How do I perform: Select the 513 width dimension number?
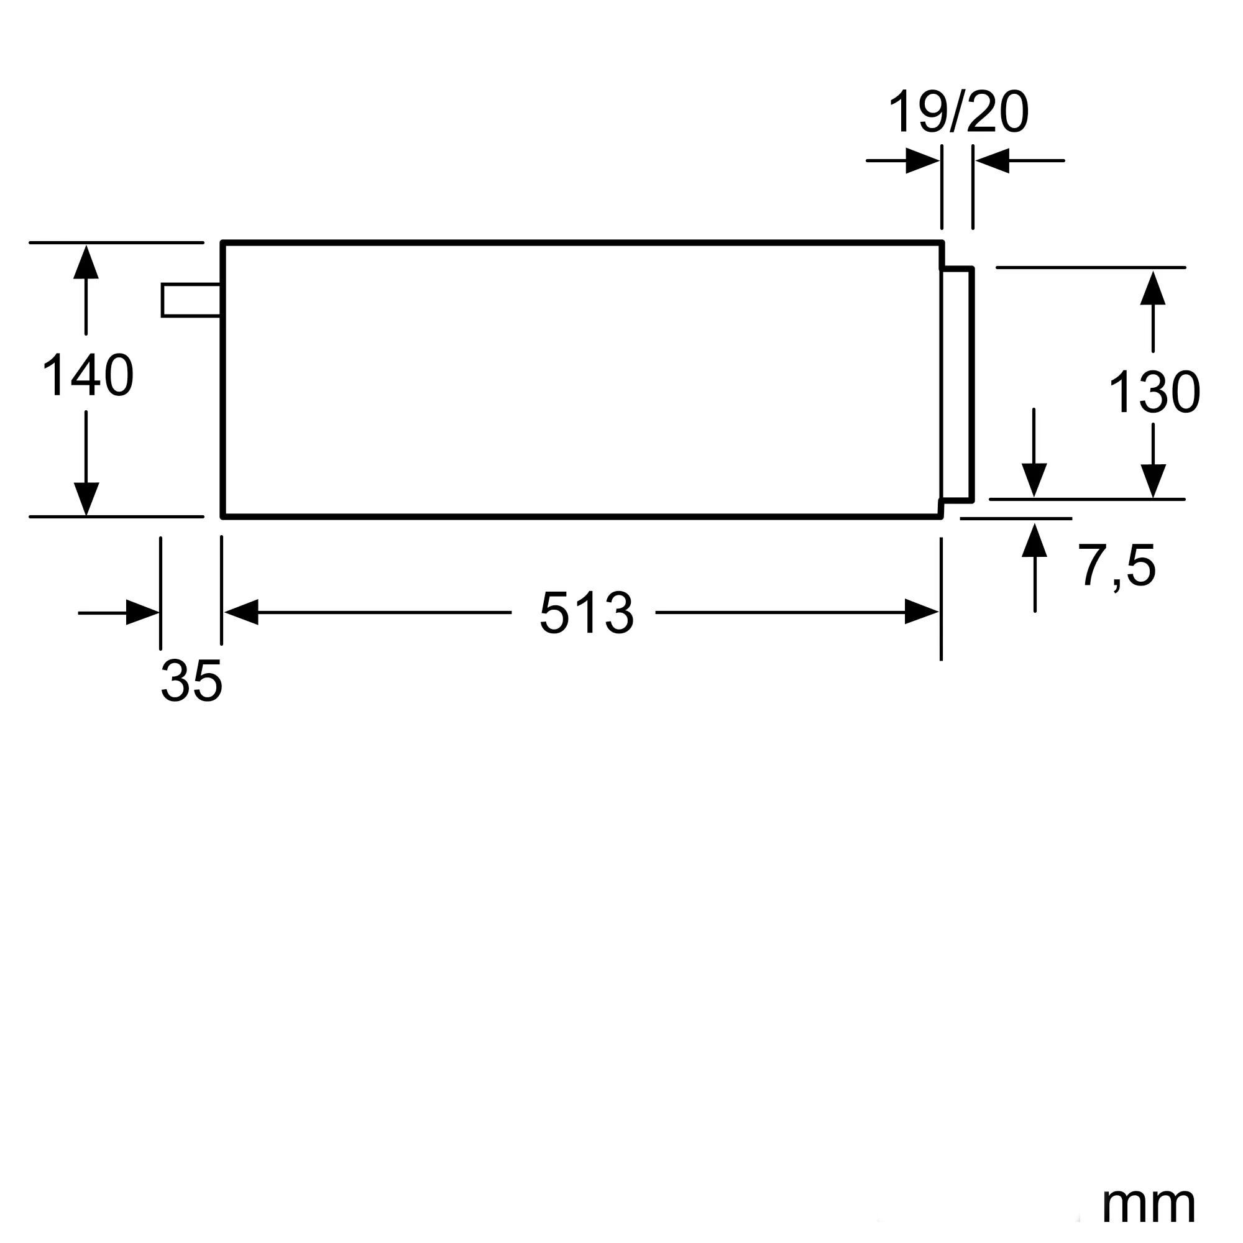pyautogui.click(x=586, y=613)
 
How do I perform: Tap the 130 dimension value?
pyautogui.click(x=1154, y=392)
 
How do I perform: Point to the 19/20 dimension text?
pyautogui.click(x=958, y=112)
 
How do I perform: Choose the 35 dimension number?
pyautogui.click(x=191, y=681)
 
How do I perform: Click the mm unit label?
pyautogui.click(x=1149, y=1204)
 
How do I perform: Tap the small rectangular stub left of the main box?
pyautogui.click(x=191, y=300)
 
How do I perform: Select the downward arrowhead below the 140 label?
pyautogui.click(x=86, y=498)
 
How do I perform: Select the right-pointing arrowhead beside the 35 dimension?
pyautogui.click(x=142, y=613)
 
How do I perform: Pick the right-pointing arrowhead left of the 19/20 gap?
pyautogui.click(x=922, y=161)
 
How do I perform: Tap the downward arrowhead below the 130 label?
pyautogui.click(x=1153, y=480)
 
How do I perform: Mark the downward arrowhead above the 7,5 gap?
pyautogui.click(x=1034, y=479)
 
